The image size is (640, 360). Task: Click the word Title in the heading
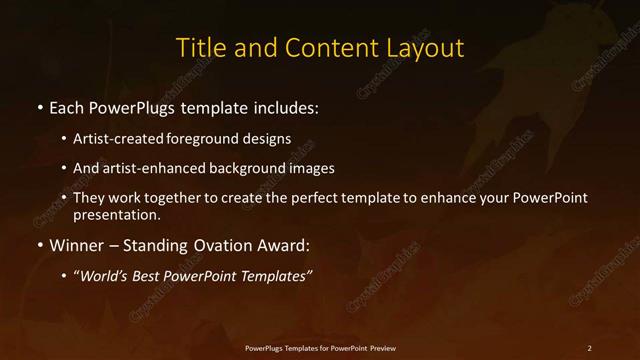point(197,47)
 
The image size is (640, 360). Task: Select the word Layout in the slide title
point(426,47)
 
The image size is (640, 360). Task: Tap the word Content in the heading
point(326,47)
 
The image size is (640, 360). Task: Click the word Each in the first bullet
point(69,107)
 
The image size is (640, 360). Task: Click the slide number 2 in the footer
point(590,347)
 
